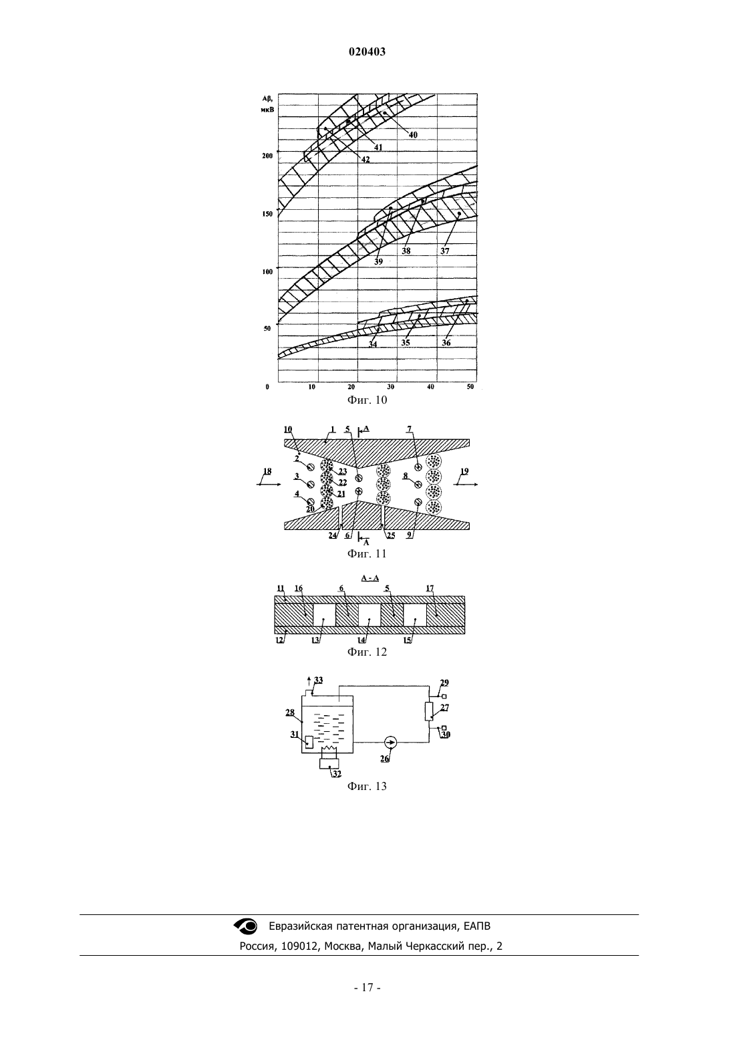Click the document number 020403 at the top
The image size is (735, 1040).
(x=367, y=52)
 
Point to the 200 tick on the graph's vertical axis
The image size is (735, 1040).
(x=267, y=156)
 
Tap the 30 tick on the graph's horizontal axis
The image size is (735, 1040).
(x=391, y=387)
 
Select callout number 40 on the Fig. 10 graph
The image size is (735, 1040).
(x=412, y=135)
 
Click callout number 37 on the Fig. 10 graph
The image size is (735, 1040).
(x=444, y=251)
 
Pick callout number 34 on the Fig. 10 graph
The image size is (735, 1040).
(x=373, y=344)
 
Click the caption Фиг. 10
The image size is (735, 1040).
(x=367, y=400)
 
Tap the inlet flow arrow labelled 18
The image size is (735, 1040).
(x=269, y=485)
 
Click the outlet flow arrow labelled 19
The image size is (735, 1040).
(x=466, y=485)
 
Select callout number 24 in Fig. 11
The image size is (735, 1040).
(x=333, y=535)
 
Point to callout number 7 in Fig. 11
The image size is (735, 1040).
(x=409, y=430)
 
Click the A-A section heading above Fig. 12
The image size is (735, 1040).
(x=370, y=578)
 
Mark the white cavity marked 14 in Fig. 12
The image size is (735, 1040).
(x=370, y=614)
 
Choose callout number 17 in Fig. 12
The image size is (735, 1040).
(x=430, y=588)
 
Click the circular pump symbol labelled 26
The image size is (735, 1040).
(x=391, y=743)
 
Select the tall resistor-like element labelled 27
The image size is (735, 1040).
(x=429, y=712)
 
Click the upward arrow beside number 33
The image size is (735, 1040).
(x=309, y=682)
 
